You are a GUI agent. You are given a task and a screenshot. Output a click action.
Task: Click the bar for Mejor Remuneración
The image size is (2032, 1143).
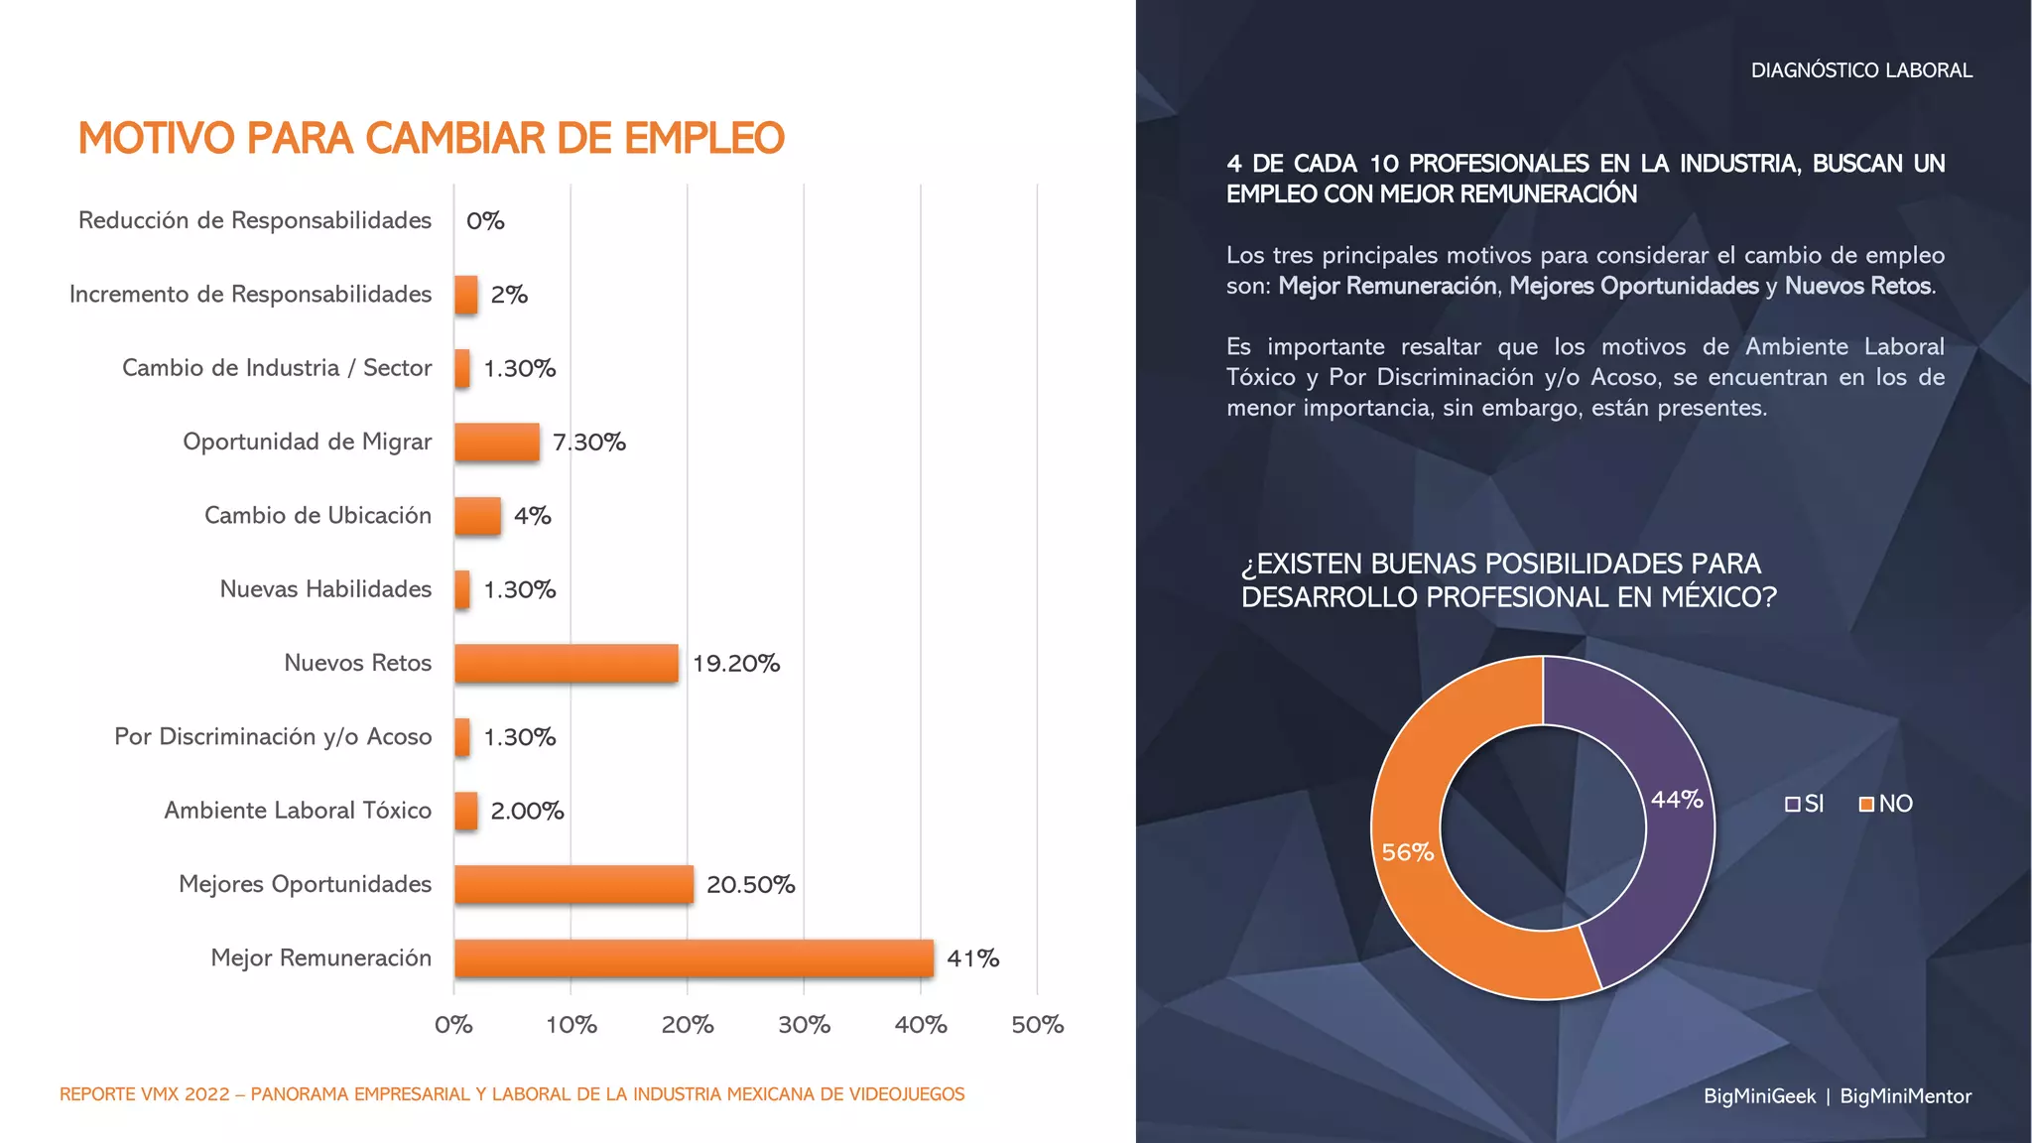tap(694, 958)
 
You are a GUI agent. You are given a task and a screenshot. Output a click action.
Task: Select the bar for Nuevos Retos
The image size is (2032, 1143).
tap(567, 664)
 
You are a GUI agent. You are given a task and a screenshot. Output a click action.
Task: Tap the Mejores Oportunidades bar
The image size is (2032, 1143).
tap(573, 884)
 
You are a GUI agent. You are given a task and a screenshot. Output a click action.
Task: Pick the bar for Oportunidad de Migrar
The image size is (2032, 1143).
tap(497, 443)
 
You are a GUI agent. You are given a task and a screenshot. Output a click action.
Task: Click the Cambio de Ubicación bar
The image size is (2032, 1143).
tap(477, 516)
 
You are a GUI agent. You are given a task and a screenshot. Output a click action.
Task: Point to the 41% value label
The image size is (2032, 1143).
tap(972, 958)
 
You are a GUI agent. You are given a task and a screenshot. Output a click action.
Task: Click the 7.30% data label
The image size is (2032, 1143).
tap(589, 443)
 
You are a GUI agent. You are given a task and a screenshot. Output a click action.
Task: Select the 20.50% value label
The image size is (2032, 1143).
tap(751, 884)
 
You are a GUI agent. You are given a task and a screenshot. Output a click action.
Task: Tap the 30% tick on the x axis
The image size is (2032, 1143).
tap(804, 1025)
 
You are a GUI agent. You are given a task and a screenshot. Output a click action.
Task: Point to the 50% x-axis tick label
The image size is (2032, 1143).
tap(1037, 1025)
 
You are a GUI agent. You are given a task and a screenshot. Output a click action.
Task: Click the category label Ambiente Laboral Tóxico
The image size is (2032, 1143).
tap(298, 811)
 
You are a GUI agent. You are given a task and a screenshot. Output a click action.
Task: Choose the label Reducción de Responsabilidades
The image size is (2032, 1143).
tap(255, 220)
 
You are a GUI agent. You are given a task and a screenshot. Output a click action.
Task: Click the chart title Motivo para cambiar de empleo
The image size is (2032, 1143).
tap(432, 139)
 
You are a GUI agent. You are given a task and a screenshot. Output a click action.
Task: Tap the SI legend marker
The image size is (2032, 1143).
tap(1792, 805)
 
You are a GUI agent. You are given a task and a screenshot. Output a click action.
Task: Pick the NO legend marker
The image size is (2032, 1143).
tap(1866, 805)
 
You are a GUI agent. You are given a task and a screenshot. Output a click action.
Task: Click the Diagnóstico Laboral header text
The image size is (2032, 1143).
tap(1861, 70)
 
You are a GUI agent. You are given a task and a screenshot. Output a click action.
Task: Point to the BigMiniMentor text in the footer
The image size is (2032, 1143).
tap(1905, 1096)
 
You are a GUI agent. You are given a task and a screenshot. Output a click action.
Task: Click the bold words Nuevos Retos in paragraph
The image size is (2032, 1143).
tap(1858, 286)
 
